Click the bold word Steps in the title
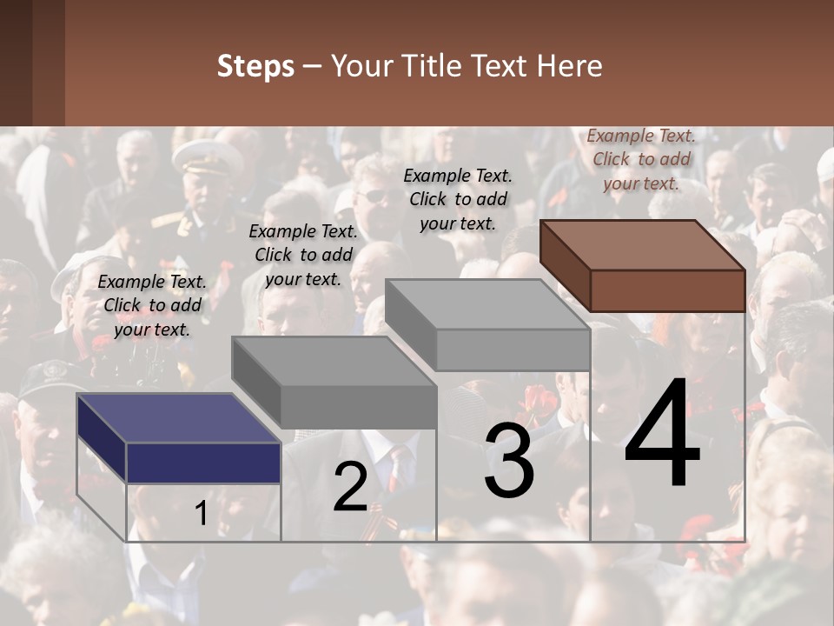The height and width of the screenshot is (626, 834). point(255,67)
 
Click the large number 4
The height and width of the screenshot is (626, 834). point(662,435)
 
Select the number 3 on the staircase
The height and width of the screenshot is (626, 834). point(509,461)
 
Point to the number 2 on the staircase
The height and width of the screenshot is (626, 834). point(350,487)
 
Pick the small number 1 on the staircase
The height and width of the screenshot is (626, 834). point(201,514)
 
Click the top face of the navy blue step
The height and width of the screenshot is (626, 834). point(178,418)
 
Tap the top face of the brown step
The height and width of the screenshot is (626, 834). point(643,245)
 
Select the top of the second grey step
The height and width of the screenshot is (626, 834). point(334,361)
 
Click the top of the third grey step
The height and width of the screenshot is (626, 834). point(487,304)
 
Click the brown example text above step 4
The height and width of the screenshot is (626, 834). point(641,159)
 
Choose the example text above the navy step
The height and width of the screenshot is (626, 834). point(152,305)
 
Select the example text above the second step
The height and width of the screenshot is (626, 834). point(302,255)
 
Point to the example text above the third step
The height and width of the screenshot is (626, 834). point(458,199)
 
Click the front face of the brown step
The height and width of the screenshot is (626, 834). point(667,290)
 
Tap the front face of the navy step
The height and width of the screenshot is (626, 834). point(203,463)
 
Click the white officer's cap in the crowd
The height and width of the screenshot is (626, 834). point(207,157)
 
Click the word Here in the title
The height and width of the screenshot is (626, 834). point(570,67)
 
